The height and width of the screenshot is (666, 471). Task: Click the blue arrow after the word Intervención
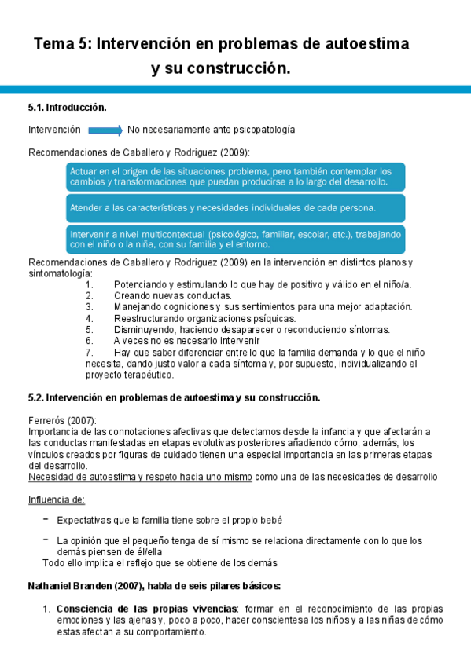[x=105, y=130]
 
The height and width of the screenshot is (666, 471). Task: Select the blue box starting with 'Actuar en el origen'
[x=231, y=176]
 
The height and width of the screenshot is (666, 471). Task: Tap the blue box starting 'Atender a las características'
[x=231, y=208]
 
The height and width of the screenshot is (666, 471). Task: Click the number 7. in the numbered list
[x=89, y=353]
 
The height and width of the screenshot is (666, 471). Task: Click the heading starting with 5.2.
[x=174, y=397]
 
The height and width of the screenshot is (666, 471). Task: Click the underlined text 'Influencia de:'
[x=57, y=500]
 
